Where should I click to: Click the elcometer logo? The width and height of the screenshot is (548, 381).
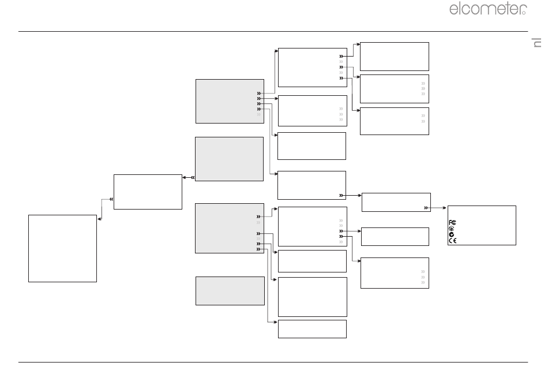[488, 9]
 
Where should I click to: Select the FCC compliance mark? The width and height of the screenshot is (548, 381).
[452, 222]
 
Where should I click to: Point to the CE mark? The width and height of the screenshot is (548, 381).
[452, 240]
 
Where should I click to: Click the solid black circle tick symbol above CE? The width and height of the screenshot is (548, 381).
[451, 234]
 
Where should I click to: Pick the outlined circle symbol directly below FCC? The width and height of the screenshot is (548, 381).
[451, 229]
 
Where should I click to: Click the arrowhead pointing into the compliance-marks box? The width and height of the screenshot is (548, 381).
[445, 208]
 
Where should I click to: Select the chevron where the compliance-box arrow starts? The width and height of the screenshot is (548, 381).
[426, 208]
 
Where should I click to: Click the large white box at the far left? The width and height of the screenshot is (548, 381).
[62, 248]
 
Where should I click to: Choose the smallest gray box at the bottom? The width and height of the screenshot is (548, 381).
[230, 291]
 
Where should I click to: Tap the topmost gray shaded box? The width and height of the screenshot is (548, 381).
[230, 101]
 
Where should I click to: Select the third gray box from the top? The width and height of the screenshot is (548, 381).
[229, 228]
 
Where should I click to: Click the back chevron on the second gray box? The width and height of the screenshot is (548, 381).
[193, 177]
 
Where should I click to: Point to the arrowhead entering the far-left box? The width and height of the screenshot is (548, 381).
[100, 219]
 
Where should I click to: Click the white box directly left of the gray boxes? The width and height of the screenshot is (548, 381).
[148, 192]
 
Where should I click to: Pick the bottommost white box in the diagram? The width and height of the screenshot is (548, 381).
[312, 329]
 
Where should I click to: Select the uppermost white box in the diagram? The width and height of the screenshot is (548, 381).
[394, 57]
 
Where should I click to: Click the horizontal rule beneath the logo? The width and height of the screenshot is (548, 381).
[273, 32]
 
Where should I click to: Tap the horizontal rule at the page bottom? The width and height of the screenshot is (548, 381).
[273, 362]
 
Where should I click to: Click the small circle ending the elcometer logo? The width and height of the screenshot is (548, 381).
[524, 13]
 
